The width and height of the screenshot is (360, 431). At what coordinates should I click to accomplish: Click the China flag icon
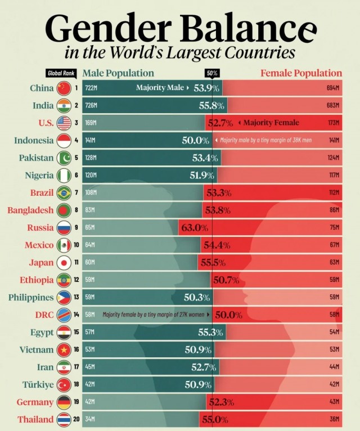pyautogui.click(x=64, y=88)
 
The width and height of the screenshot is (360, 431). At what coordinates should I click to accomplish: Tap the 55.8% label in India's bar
pyautogui.click(x=211, y=105)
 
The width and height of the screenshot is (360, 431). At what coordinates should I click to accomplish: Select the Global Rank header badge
pyautogui.click(x=61, y=73)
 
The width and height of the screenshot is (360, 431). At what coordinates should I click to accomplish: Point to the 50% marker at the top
pyautogui.click(x=212, y=73)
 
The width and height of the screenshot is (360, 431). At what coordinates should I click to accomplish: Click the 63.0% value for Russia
pyautogui.click(x=195, y=227)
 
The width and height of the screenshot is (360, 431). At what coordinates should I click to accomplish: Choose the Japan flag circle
pyautogui.click(x=64, y=263)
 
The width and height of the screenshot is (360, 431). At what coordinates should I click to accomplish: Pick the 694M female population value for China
pyautogui.click(x=333, y=88)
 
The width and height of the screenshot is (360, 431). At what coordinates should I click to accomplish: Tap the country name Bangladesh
pyautogui.click(x=30, y=210)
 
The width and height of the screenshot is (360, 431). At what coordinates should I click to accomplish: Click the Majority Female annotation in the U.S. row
pyautogui.click(x=271, y=123)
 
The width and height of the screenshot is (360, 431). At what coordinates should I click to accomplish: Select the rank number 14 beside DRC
pyautogui.click(x=76, y=315)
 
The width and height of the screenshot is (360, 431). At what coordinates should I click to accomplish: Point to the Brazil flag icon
pyautogui.click(x=64, y=192)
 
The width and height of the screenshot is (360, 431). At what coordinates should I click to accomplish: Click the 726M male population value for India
pyautogui.click(x=91, y=105)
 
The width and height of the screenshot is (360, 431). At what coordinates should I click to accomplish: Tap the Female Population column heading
pyautogui.click(x=301, y=73)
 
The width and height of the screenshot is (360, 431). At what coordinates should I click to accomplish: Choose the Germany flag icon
pyautogui.click(x=64, y=402)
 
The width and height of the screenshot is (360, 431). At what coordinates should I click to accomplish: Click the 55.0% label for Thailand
pyautogui.click(x=215, y=420)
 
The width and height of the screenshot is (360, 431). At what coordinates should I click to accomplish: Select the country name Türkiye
pyautogui.click(x=38, y=384)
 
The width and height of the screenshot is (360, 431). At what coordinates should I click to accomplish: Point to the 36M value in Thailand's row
pyautogui.click(x=335, y=419)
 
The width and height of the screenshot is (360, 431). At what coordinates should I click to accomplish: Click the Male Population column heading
pyautogui.click(x=118, y=73)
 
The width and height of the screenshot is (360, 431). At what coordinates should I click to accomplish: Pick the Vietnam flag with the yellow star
pyautogui.click(x=64, y=349)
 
